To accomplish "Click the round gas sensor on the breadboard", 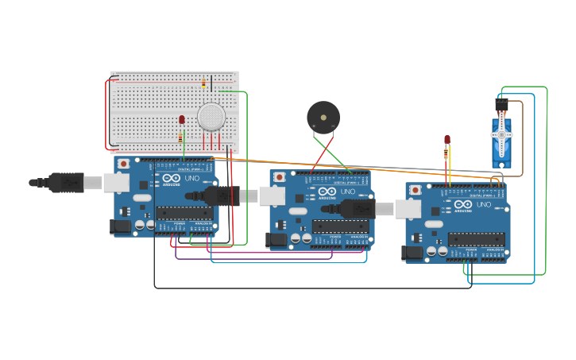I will point(211,116).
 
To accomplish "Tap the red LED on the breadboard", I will point(182,119).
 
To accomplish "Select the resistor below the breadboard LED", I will point(180,137).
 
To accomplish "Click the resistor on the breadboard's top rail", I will point(203,83).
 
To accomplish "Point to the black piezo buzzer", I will point(323,118).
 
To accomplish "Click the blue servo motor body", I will point(501,139).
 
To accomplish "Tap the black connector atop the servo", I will point(501,104).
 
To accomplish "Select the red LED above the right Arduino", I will point(447,140).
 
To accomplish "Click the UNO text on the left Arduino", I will point(192,178).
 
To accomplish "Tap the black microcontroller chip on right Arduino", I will point(476,239).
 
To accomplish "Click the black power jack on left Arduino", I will point(120,226).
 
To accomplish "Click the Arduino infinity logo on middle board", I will point(327,192).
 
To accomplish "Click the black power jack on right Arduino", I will point(413,253).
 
